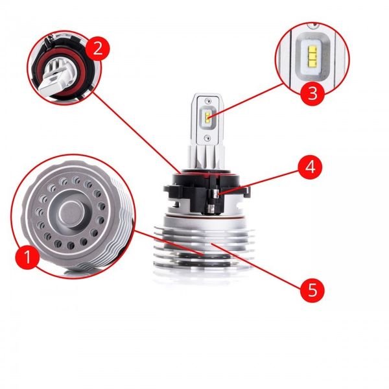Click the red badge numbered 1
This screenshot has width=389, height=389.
click(27, 259)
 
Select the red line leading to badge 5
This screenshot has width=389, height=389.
click(259, 266)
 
